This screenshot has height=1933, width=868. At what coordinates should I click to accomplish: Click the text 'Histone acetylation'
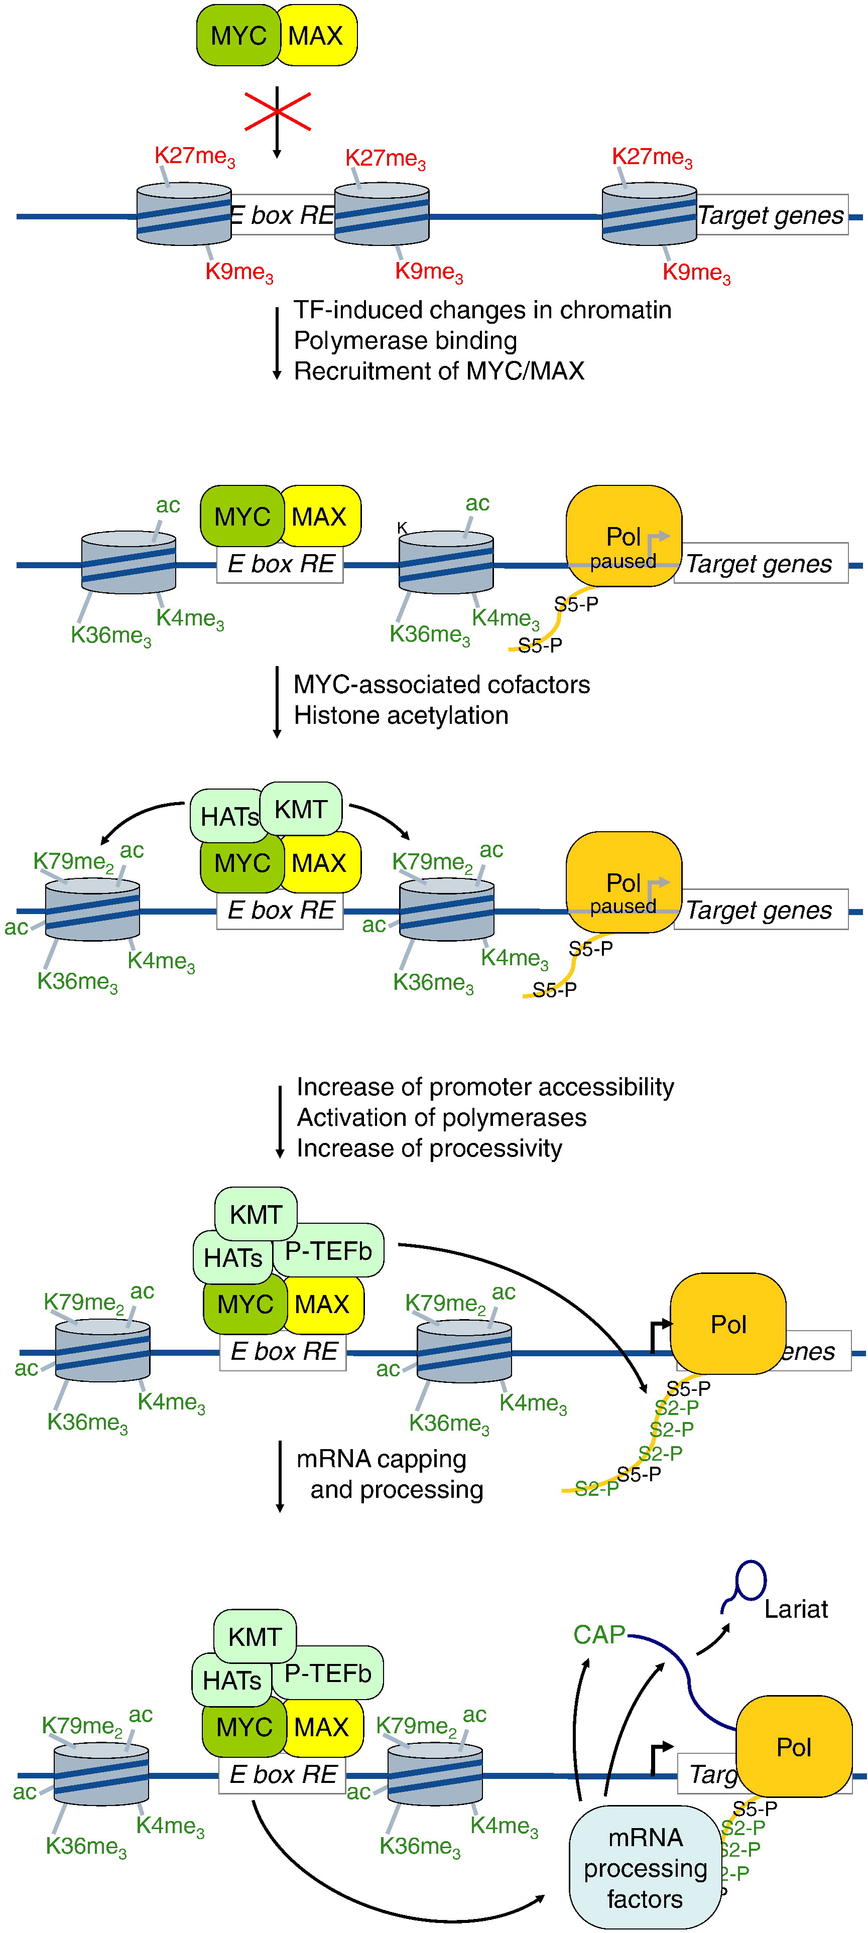pos(401,716)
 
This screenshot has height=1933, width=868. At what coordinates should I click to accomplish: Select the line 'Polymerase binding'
pos(405,341)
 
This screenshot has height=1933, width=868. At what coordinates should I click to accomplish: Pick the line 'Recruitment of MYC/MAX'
pos(439,371)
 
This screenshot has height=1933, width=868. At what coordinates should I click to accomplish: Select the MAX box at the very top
pos(316,35)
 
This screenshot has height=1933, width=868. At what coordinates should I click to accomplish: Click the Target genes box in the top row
pos(771,215)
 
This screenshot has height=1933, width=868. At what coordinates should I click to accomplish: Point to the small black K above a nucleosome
pos(402,528)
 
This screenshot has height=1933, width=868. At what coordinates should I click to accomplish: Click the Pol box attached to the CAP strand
pos(794,1747)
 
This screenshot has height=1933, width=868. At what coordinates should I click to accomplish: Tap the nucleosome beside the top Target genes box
pos(649,215)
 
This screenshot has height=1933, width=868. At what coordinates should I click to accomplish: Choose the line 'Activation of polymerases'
pos(441,1118)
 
